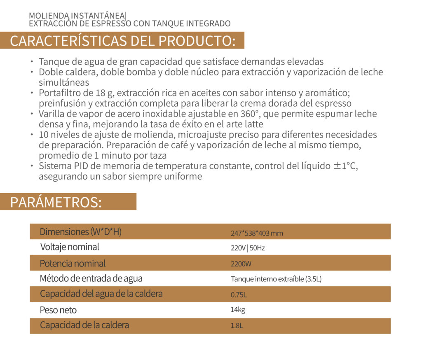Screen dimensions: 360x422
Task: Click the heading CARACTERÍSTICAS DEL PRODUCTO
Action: tap(122, 41)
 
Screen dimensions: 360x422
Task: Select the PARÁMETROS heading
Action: tap(56, 202)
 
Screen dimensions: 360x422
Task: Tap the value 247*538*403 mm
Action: tap(257, 233)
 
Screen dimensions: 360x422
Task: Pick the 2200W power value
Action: tap(241, 264)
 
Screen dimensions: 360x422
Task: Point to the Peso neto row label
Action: tap(58, 310)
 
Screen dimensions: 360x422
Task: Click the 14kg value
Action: tap(238, 310)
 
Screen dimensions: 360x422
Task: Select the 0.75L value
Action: tap(239, 295)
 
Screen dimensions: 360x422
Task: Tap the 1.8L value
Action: tap(237, 325)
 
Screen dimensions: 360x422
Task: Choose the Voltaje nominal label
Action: tap(70, 247)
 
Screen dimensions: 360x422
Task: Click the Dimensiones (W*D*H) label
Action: tap(80, 232)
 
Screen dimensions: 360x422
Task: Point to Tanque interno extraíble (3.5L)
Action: tap(276, 279)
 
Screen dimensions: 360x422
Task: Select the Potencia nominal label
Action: tap(73, 263)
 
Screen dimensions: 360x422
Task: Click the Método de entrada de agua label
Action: tap(91, 278)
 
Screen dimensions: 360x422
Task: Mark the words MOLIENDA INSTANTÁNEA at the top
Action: tap(76, 16)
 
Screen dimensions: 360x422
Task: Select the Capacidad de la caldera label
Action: tap(84, 325)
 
